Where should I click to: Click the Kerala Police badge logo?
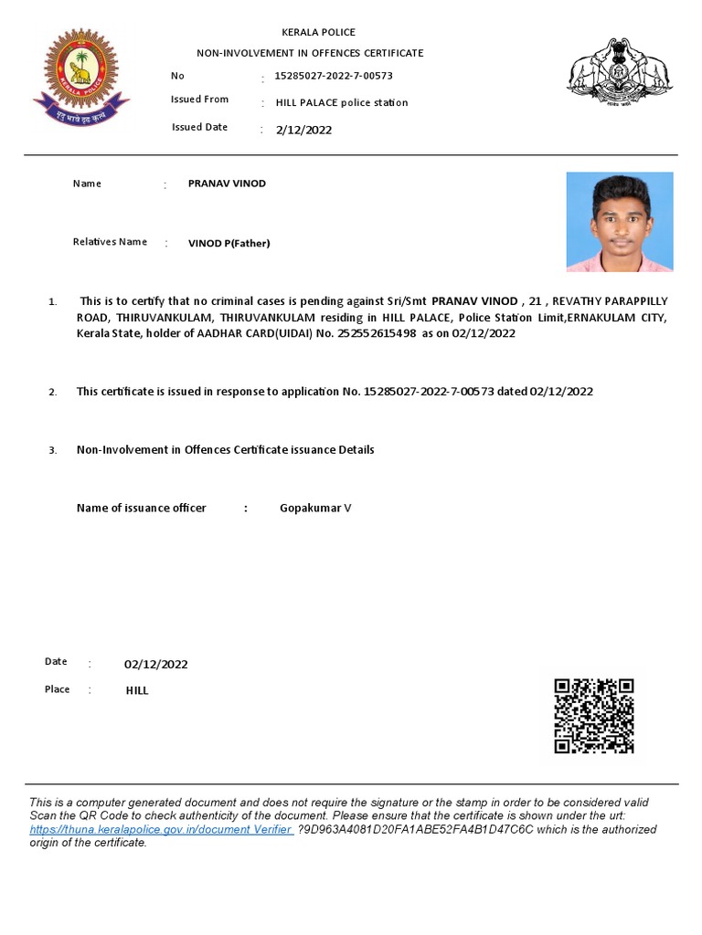click(76, 76)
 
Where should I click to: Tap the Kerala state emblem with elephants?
click(620, 74)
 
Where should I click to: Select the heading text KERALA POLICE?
click(318, 32)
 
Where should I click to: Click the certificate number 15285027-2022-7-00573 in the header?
click(334, 76)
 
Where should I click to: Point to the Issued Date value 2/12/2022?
click(303, 130)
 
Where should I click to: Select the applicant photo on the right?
click(620, 222)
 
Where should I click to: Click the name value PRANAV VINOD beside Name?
click(227, 184)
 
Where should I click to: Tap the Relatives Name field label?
click(110, 242)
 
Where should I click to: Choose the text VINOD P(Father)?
click(229, 244)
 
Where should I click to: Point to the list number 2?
click(53, 393)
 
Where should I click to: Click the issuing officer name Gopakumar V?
click(314, 508)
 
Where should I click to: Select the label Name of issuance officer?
click(141, 508)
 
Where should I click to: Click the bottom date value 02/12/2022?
click(155, 664)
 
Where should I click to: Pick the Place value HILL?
click(137, 691)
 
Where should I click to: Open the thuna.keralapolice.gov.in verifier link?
click(161, 829)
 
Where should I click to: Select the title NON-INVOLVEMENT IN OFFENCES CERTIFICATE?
click(310, 53)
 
